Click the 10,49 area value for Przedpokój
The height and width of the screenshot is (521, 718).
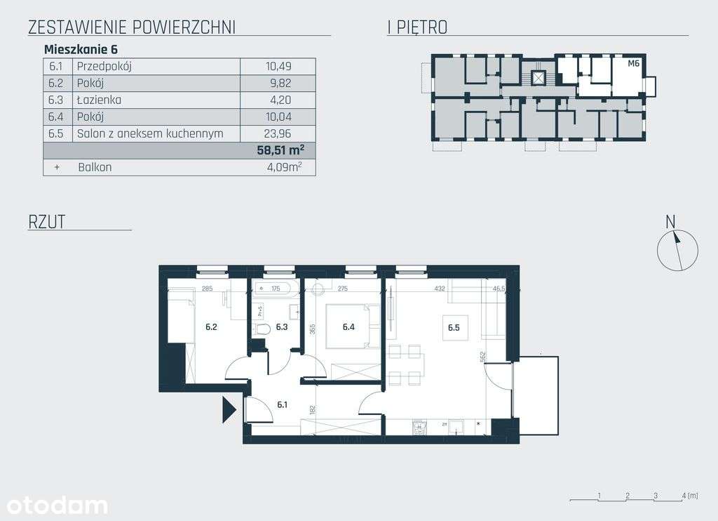coord(278,67)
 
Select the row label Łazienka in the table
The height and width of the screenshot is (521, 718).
coord(99,100)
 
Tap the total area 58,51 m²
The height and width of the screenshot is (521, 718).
coord(281,150)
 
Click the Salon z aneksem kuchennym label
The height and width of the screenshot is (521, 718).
coord(150,133)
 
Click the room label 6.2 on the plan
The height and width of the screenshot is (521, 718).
coord(211,327)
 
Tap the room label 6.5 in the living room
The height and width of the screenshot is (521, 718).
coord(453,327)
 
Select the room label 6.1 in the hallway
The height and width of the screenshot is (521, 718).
coord(283,404)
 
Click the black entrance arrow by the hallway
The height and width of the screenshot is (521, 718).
coord(228,409)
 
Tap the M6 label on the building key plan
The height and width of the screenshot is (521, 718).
coord(633,63)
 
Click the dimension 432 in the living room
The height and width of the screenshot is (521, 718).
coord(439,289)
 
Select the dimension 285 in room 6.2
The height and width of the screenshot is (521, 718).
coord(207,289)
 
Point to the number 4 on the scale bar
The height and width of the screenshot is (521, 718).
coord(683,496)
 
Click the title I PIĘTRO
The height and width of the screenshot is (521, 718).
coord(417,27)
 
